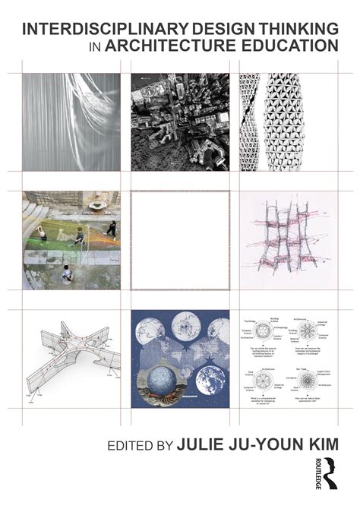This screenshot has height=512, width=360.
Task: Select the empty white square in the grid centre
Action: pyautogui.click(x=180, y=239)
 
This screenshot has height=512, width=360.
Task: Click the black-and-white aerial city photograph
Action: pyautogui.click(x=180, y=122)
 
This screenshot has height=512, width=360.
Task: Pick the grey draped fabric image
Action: pyautogui.click(x=71, y=122)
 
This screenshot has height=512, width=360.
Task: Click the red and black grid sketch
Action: pyautogui.click(x=288, y=239)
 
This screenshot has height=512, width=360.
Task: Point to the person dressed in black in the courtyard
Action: pyautogui.click(x=111, y=229)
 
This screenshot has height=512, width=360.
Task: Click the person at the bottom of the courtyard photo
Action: pyautogui.click(x=67, y=272)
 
